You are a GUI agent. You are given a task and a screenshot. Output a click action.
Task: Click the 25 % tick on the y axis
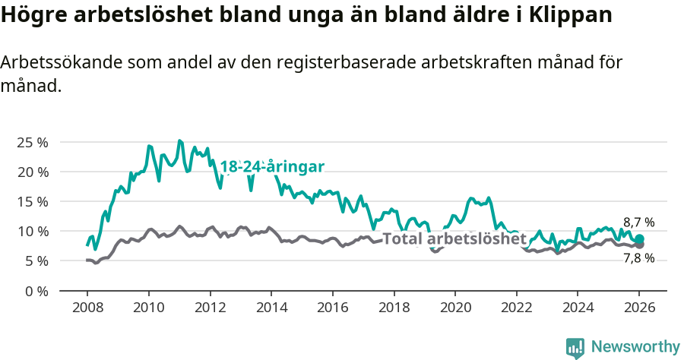pyautogui.click(x=33, y=142)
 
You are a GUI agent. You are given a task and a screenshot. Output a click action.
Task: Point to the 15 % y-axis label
pyautogui.click(x=33, y=201)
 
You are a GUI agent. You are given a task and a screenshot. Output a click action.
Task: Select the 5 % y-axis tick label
pyautogui.click(x=36, y=261)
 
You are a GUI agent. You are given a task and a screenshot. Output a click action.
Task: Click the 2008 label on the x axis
pyautogui.click(x=87, y=308)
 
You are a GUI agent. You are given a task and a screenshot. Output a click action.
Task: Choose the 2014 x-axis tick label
pyautogui.click(x=271, y=308)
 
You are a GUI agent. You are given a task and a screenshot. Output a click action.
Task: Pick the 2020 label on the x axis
pyautogui.click(x=454, y=308)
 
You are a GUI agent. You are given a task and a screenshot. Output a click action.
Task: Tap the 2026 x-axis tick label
pyautogui.click(x=638, y=308)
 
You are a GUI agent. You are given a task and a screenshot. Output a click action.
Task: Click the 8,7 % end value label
pyautogui.click(x=638, y=223)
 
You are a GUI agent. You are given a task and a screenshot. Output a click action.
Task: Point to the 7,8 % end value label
pyautogui.click(x=638, y=258)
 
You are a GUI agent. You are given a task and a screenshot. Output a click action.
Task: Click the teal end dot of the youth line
pyautogui.click(x=639, y=239)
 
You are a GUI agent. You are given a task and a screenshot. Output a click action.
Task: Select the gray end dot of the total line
pyautogui.click(x=639, y=245)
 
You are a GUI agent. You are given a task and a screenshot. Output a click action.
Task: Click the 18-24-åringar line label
pyautogui.click(x=272, y=167)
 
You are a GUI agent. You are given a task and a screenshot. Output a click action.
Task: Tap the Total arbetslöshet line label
pyautogui.click(x=454, y=238)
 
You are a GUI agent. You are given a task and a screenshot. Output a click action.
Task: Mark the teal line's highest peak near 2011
pyautogui.click(x=179, y=141)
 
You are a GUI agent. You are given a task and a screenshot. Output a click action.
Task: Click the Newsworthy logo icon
pyautogui.click(x=575, y=347)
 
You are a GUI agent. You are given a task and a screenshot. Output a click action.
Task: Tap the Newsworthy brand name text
pyautogui.click(x=635, y=347)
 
